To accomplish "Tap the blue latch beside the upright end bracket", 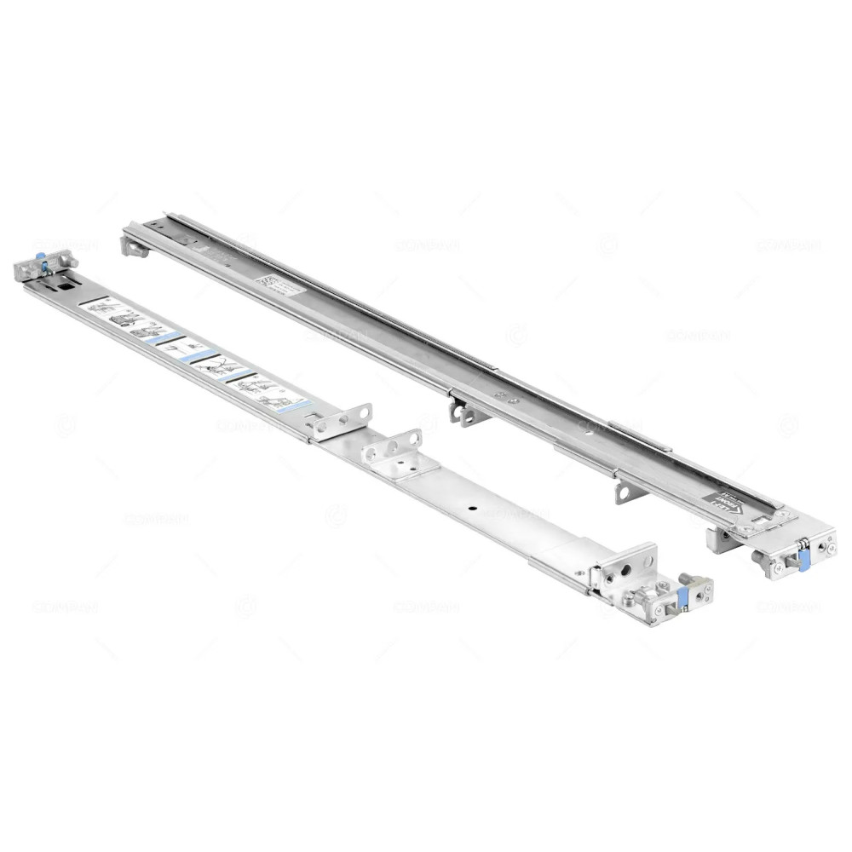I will [682, 596].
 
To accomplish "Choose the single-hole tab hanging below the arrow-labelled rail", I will [623, 492].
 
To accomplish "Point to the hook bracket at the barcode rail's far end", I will [135, 246].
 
